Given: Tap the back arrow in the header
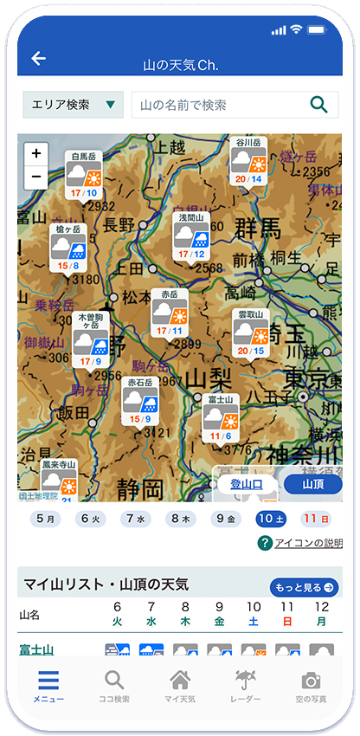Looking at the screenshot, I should click(x=38, y=59).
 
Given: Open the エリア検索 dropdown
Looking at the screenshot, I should click(x=73, y=105).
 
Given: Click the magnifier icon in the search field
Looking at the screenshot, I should click(x=318, y=105).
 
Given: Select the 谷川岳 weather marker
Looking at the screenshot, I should click(x=247, y=162).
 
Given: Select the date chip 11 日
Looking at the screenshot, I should click(x=315, y=519).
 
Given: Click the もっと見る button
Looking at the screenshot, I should click(x=305, y=587).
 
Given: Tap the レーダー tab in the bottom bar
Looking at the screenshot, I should click(x=245, y=688).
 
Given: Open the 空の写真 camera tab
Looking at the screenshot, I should click(x=311, y=688).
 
